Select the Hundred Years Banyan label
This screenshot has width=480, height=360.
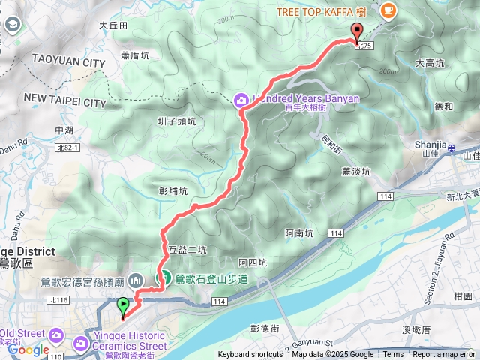[307, 98]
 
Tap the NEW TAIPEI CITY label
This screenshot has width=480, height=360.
[65, 100]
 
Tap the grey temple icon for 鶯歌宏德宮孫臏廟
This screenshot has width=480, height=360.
[136, 280]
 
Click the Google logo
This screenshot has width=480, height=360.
[28, 349]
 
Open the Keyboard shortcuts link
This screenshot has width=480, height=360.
[250, 355]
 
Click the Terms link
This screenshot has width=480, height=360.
[393, 355]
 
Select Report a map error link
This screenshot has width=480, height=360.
[444, 355]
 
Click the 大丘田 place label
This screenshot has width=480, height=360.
[114, 25]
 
